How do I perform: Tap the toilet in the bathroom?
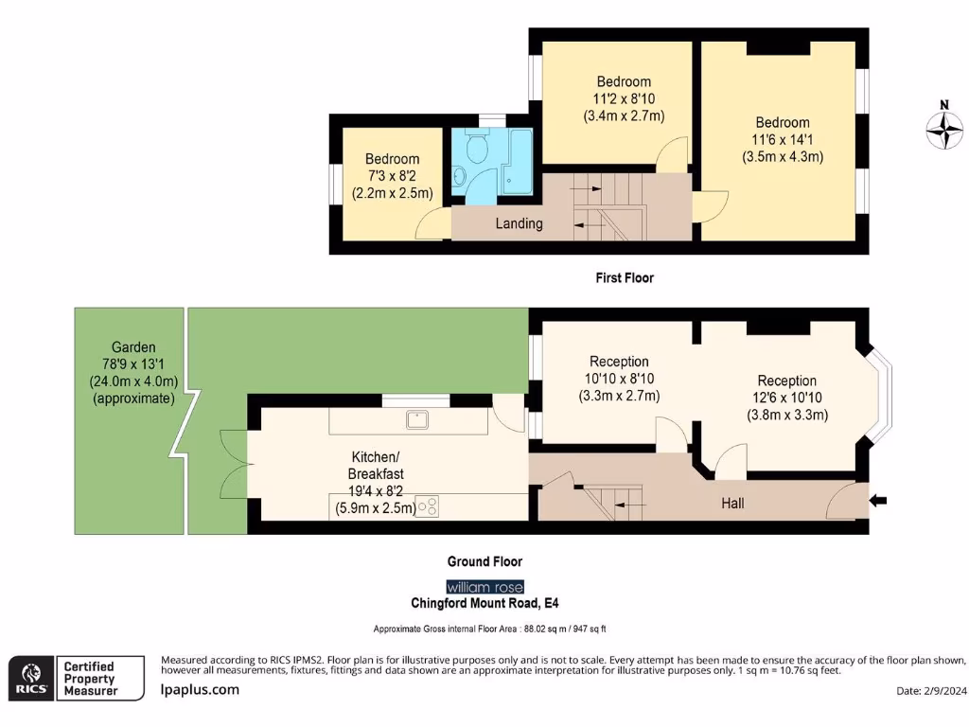[476, 146]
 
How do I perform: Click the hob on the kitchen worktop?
[430, 506]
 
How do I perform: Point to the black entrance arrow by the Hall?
[878, 500]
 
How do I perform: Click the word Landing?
[520, 223]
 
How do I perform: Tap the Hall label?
[732, 503]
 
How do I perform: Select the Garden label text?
[132, 347]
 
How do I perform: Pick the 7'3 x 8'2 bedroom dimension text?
[392, 176]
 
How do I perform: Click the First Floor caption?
[625, 278]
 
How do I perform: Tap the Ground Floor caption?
[484, 561]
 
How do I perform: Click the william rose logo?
[484, 587]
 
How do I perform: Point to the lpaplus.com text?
[200, 690]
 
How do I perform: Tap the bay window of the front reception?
[880, 398]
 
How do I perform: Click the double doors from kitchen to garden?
[233, 464]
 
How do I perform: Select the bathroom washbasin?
[460, 175]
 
